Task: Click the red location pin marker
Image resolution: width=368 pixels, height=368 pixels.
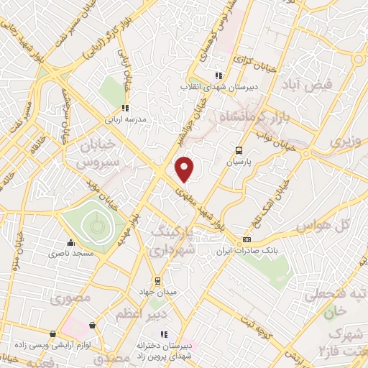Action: (x=185, y=168)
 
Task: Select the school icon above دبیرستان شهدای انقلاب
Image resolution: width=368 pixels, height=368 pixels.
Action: (x=218, y=75)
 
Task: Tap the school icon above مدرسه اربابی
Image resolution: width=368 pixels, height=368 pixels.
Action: (x=125, y=108)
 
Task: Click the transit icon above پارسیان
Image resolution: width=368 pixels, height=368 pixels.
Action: (x=239, y=150)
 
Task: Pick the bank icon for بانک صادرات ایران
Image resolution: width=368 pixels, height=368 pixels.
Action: (x=247, y=240)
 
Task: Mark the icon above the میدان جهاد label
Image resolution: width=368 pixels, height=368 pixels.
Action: (x=157, y=280)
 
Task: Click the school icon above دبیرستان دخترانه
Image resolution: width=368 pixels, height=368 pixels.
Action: (x=164, y=334)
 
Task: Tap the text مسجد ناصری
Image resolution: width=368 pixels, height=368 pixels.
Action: (x=69, y=254)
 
